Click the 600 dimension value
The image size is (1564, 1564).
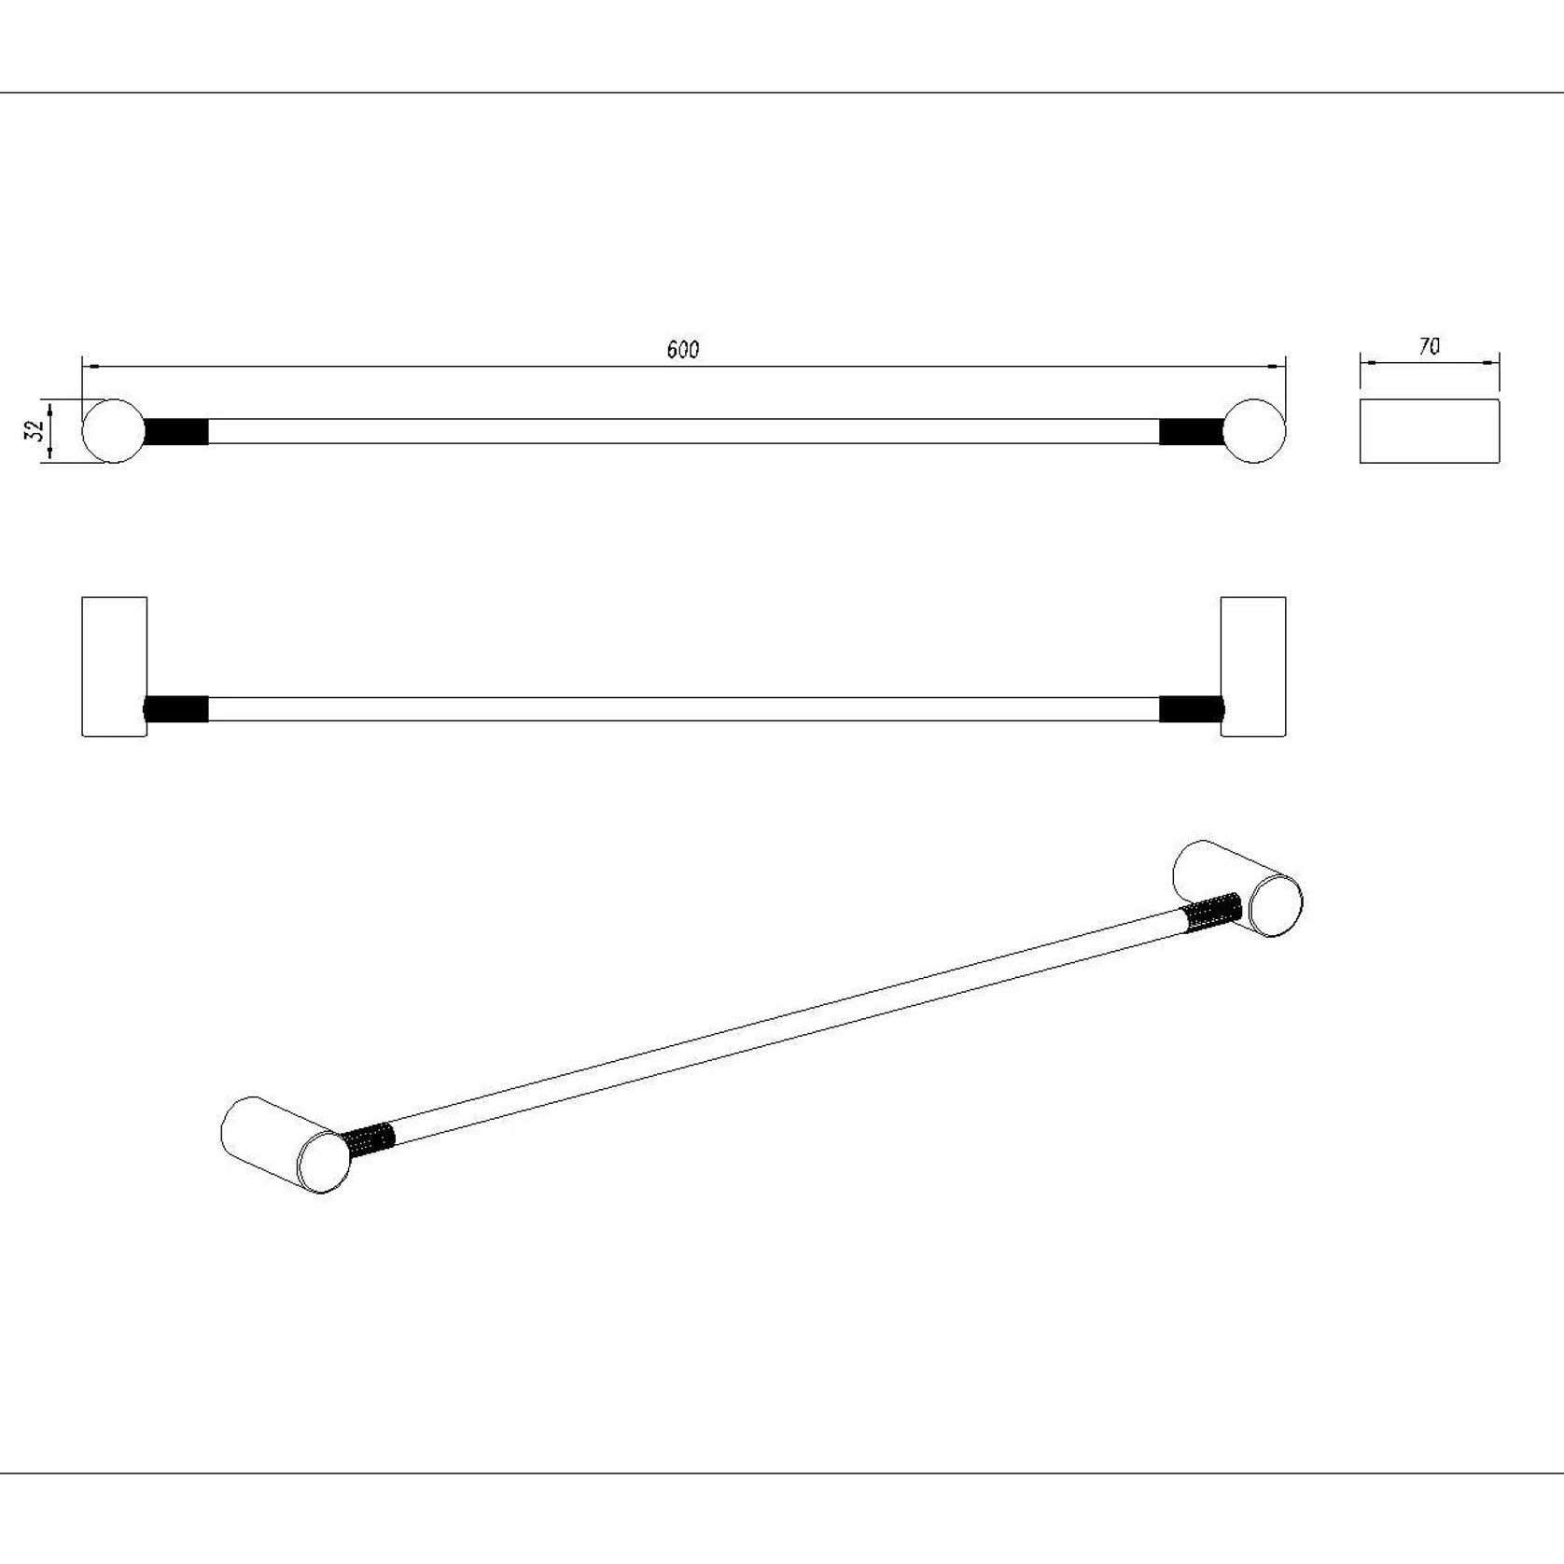point(683,349)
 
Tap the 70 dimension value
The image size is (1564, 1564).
point(1429,346)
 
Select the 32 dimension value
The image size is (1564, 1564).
point(36,430)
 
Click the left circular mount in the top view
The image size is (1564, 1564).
point(114,431)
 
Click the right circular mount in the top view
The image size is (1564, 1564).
point(1253,431)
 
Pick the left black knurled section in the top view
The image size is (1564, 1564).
point(175,431)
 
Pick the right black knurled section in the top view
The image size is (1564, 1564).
point(1192,431)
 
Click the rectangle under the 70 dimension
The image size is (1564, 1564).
point(1430,431)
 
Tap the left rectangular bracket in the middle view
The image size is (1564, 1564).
point(115,667)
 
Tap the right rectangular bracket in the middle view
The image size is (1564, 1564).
point(1253,667)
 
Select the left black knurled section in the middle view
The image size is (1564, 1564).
point(175,709)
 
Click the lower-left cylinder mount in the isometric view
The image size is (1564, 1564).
point(286,1144)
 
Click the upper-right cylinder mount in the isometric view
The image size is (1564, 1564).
point(1237,888)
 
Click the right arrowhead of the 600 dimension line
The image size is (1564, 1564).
point(1277,367)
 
